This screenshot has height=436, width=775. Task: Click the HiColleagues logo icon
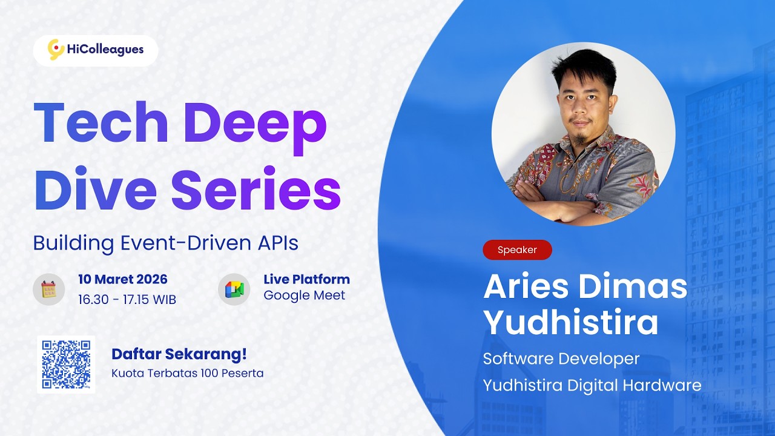tap(56, 50)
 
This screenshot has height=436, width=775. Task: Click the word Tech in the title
tap(101, 123)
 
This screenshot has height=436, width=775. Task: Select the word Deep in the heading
tap(254, 123)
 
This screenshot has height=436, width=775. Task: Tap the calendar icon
tap(48, 289)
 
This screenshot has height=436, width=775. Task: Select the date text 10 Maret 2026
tap(123, 280)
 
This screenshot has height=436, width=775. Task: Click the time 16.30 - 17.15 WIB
tap(127, 299)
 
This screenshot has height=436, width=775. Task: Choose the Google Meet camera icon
tap(234, 289)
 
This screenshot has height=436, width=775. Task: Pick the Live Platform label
tap(306, 280)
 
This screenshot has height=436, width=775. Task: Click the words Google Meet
tap(304, 296)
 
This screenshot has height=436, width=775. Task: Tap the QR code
tap(66, 364)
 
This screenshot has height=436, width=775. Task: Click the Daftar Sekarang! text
tap(179, 354)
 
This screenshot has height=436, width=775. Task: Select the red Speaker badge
tap(517, 249)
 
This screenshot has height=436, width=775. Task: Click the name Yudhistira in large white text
tap(571, 322)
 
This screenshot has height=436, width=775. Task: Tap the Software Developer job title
tap(561, 358)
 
